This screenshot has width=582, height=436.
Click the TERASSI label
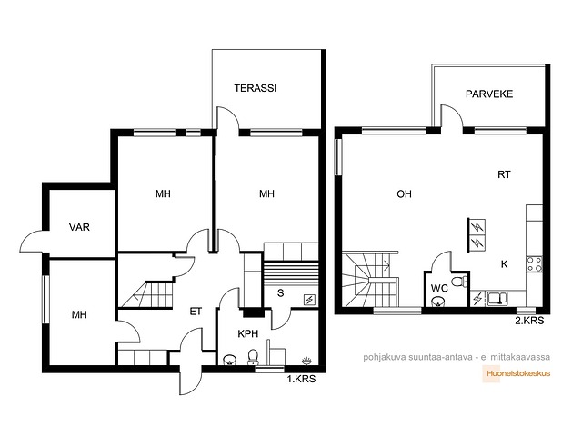[256, 88]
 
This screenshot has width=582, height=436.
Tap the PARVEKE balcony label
[489, 94]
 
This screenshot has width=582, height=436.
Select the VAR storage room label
[79, 227]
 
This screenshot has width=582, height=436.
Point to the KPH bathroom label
[248, 333]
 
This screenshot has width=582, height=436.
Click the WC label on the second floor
[439, 288]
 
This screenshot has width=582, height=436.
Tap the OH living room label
[404, 193]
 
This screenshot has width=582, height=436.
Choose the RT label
[504, 174]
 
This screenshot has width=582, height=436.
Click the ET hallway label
[196, 312]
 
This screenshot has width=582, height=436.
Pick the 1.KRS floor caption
[301, 379]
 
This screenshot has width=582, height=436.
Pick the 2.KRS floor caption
[529, 321]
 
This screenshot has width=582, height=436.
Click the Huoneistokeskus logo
[517, 373]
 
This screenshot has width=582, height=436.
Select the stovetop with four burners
[535, 264]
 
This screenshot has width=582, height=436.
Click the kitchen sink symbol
[498, 299]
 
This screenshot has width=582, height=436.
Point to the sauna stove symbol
[309, 300]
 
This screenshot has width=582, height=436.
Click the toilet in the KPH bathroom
[253, 357]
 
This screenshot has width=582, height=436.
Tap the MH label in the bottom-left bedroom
[79, 315]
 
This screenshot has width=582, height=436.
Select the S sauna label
[281, 292]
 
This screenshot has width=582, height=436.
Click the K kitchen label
[504, 264]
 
